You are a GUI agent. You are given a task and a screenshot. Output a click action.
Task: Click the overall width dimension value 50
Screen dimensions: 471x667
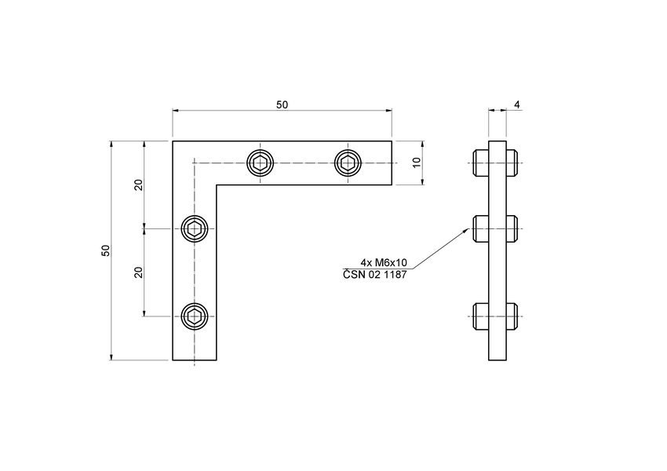click(x=282, y=105)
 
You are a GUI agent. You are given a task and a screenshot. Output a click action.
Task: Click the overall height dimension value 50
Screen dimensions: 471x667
click(x=105, y=250)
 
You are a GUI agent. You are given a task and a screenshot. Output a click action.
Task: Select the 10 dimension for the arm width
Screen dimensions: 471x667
click(x=417, y=162)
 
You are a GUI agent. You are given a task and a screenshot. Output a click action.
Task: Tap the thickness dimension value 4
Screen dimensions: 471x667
click(x=517, y=104)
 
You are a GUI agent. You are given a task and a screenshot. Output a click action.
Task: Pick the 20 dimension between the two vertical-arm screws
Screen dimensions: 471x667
click(x=138, y=272)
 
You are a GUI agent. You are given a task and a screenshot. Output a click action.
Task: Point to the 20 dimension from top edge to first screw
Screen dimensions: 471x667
click(x=138, y=185)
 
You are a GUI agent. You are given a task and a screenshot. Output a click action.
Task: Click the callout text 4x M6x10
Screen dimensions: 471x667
click(x=383, y=262)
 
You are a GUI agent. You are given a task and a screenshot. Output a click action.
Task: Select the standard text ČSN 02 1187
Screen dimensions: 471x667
click(x=375, y=274)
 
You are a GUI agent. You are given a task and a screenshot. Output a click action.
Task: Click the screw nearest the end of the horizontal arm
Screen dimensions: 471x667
click(x=348, y=163)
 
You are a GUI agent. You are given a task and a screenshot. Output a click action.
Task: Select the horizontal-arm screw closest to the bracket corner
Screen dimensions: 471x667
click(x=261, y=163)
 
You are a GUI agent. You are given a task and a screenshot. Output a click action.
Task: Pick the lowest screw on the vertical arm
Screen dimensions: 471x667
click(x=195, y=316)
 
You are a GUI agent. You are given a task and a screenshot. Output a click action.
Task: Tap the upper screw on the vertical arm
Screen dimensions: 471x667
click(x=195, y=229)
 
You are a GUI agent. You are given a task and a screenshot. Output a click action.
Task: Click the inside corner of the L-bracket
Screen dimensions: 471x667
click(x=217, y=185)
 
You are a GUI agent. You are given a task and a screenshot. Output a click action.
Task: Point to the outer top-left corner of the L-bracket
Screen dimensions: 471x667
click(x=173, y=141)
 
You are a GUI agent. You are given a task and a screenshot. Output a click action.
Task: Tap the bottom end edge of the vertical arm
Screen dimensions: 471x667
click(x=195, y=360)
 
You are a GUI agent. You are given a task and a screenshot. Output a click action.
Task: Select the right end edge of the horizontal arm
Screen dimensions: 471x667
click(x=392, y=163)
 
